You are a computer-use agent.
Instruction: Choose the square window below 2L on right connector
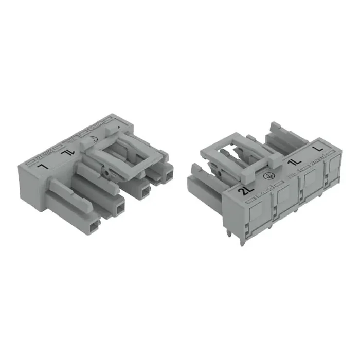click(x=255, y=213)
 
